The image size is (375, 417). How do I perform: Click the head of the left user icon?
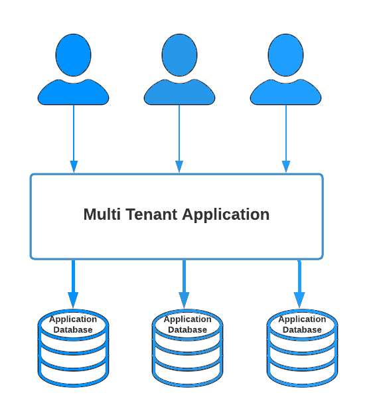74,55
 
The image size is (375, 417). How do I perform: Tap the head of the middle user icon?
179,55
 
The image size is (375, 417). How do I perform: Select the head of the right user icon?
285,55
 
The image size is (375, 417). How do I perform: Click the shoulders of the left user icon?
74,92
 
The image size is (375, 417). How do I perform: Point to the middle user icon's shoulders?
179,92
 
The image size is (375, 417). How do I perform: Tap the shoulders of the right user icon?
285,92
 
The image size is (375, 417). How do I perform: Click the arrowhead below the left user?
74,167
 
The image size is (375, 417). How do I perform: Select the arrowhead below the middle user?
179,167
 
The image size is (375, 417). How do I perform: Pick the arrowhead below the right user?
286,167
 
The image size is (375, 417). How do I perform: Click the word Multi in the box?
102,214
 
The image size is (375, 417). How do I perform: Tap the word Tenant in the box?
151,214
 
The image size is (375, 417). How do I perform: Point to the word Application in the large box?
226,215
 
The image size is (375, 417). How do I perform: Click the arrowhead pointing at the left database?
73,300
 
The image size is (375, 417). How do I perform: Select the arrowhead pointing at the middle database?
184,300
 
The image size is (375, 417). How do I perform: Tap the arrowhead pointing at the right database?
299,300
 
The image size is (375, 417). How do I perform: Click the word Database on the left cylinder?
73,330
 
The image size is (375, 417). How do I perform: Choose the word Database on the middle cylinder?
187,330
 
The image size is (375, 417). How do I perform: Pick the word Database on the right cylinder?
302,330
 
